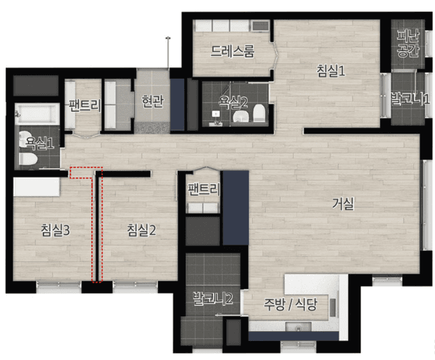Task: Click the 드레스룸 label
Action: click(x=232, y=51)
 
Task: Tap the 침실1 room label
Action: click(x=331, y=70)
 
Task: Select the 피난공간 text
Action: click(x=408, y=43)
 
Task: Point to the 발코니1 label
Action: click(x=410, y=99)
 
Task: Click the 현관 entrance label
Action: click(x=152, y=101)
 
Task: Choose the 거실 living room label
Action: click(x=343, y=204)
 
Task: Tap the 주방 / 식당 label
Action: click(x=290, y=304)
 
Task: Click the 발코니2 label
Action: click(x=213, y=299)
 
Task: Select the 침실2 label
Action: click(x=141, y=230)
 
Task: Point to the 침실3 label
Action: click(x=56, y=230)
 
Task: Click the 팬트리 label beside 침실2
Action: click(x=204, y=189)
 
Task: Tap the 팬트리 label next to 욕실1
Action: click(x=84, y=105)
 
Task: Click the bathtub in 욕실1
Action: click(x=37, y=114)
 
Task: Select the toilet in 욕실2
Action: click(x=259, y=113)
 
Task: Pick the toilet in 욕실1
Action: click(x=27, y=160)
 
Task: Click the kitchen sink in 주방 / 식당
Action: click(x=298, y=327)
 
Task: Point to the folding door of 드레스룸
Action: click(x=275, y=56)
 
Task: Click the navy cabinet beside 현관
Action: click(x=177, y=105)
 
